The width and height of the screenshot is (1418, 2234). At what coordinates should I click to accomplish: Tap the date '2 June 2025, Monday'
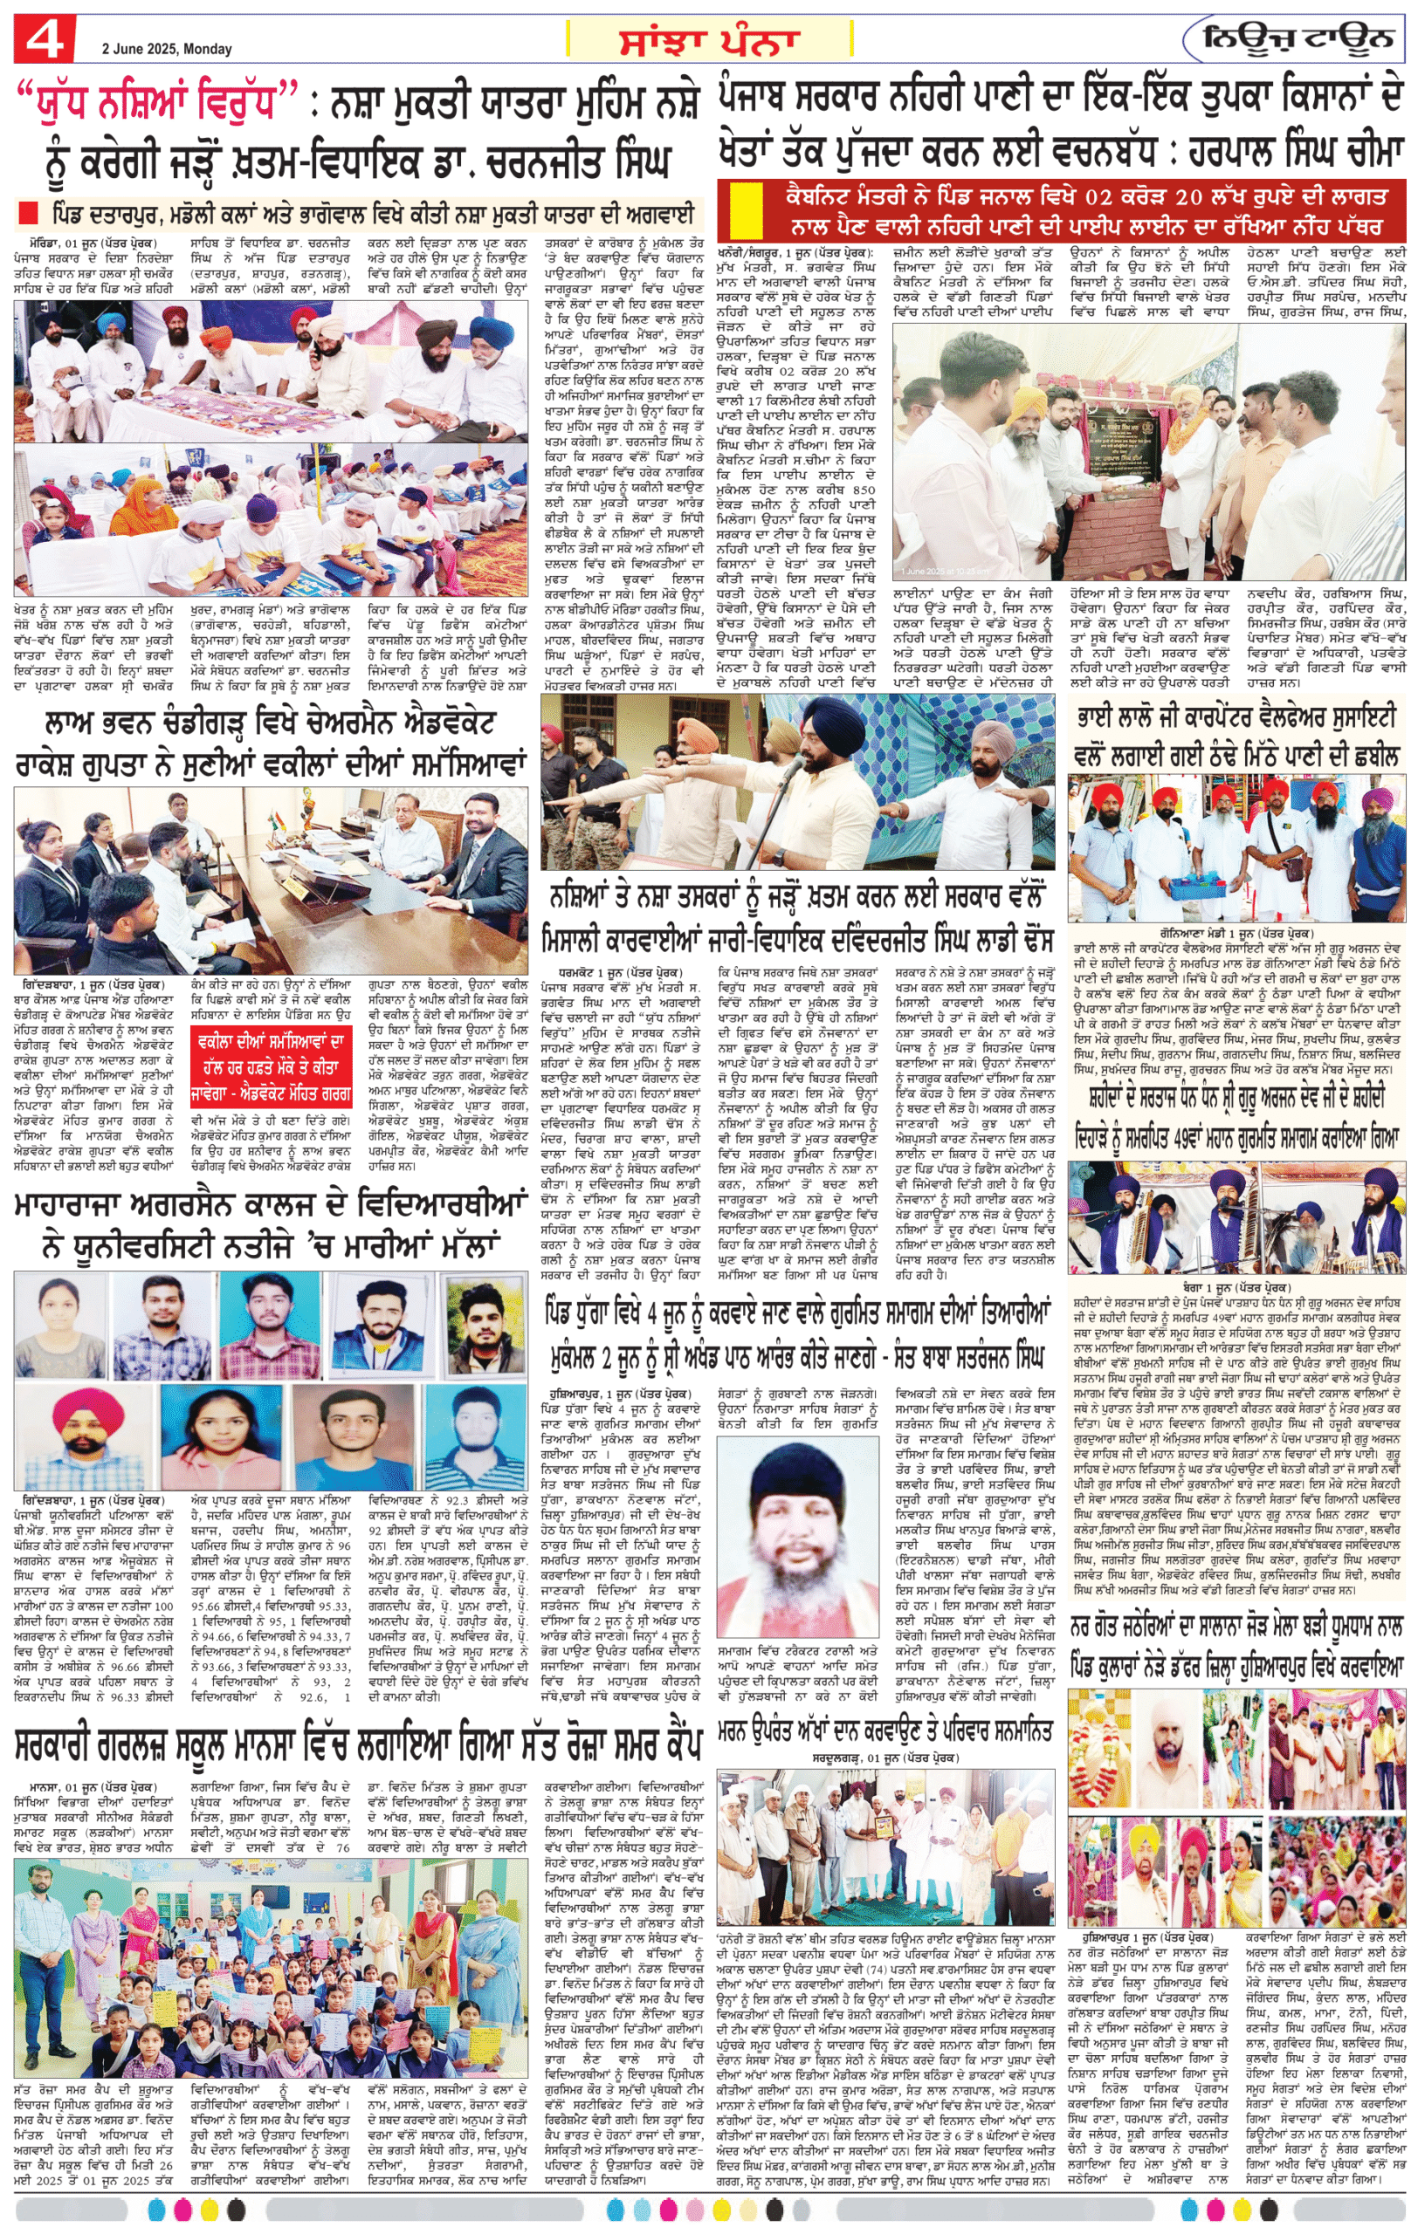coord(167,49)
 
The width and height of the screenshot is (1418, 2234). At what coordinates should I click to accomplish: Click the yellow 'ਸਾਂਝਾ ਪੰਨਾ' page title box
coord(709,41)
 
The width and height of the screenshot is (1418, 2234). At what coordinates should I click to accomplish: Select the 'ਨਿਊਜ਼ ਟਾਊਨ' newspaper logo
coord(1298,39)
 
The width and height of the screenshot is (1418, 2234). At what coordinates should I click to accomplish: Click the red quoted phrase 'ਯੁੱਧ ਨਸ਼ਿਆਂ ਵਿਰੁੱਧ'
coord(159,102)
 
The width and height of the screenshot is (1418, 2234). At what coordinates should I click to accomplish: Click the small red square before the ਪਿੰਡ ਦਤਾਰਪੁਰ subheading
coord(29,212)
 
